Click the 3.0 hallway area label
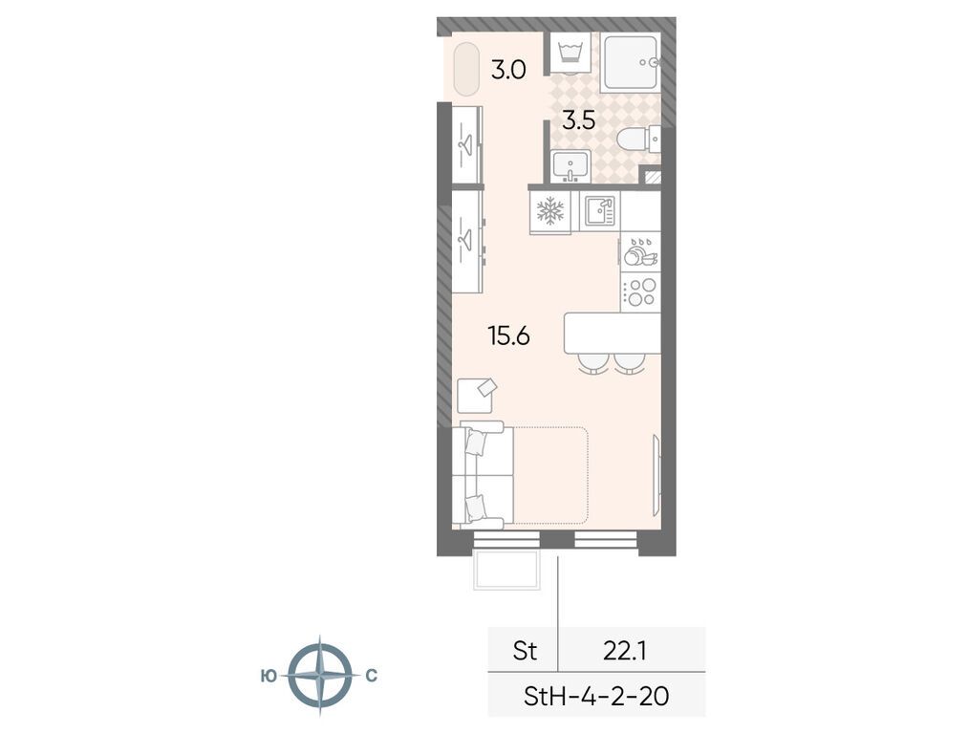(507, 70)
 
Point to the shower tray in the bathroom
(629, 63)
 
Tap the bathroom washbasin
(571, 167)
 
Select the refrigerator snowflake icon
(549, 211)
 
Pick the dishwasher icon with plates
(638, 253)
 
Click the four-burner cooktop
(639, 291)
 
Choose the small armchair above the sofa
(477, 394)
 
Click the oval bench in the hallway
(465, 69)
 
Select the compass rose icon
(319, 676)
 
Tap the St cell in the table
(525, 651)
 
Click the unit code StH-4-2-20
(595, 695)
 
